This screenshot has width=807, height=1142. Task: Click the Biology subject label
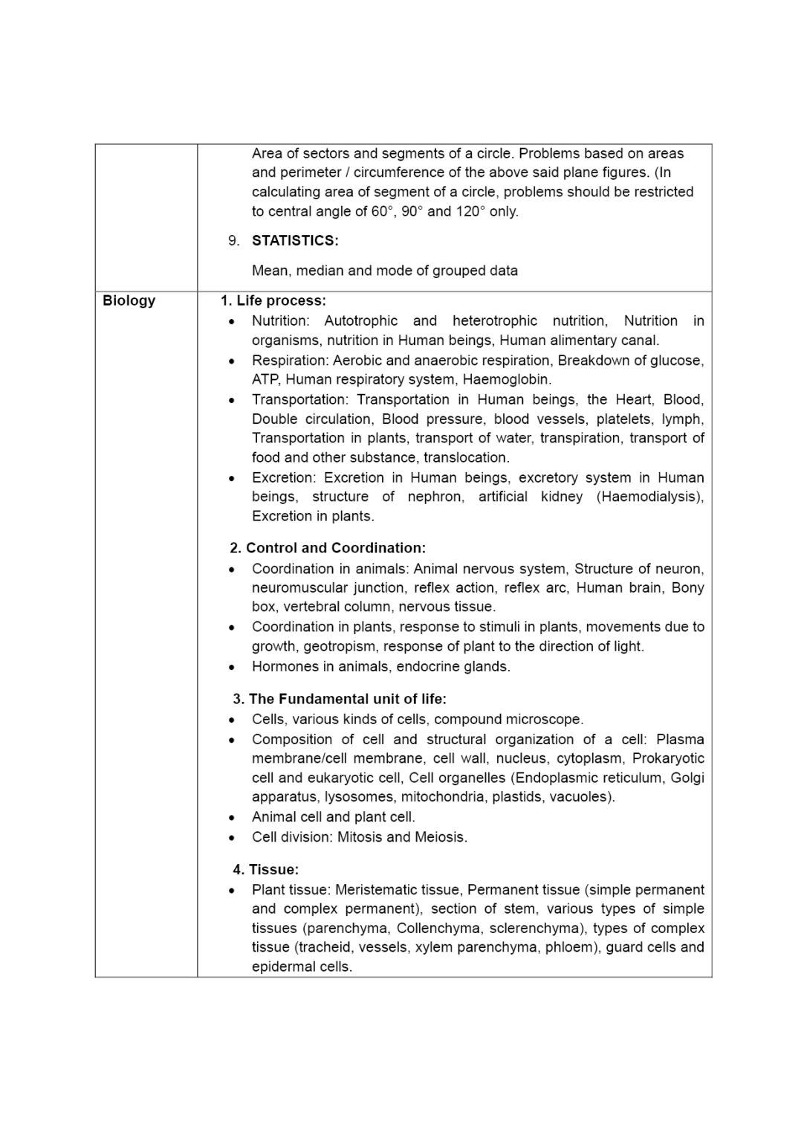point(129,300)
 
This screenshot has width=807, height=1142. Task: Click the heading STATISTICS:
point(295,240)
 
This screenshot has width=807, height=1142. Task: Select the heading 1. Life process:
point(273,300)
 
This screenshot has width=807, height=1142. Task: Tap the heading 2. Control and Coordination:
point(328,548)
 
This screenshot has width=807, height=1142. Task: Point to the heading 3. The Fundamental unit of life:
point(340,699)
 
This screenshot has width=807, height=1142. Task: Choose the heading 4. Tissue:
point(265,869)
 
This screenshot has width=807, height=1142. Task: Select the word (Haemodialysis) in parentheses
point(649,497)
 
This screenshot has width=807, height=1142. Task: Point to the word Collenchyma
point(441,928)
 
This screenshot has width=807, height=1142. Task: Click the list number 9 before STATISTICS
point(233,240)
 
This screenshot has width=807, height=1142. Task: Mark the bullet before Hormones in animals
point(233,667)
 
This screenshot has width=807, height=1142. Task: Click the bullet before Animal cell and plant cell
point(233,817)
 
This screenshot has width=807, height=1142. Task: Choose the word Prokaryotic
point(668,758)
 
